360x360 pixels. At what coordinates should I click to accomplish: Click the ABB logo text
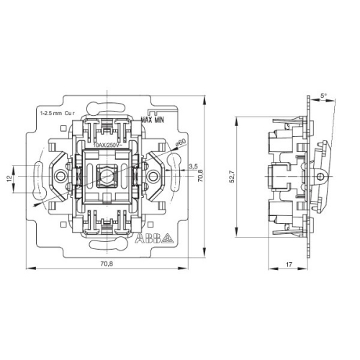pos(147,238)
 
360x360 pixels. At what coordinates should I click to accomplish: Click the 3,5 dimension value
pos(192,166)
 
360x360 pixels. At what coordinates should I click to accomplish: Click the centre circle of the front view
pos(109,174)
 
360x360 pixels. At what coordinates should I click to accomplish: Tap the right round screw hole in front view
pos(152,174)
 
